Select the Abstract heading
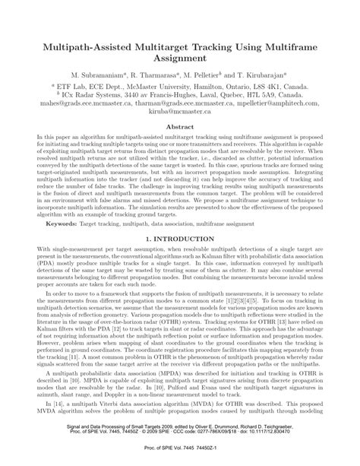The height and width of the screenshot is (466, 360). click(179, 128)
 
